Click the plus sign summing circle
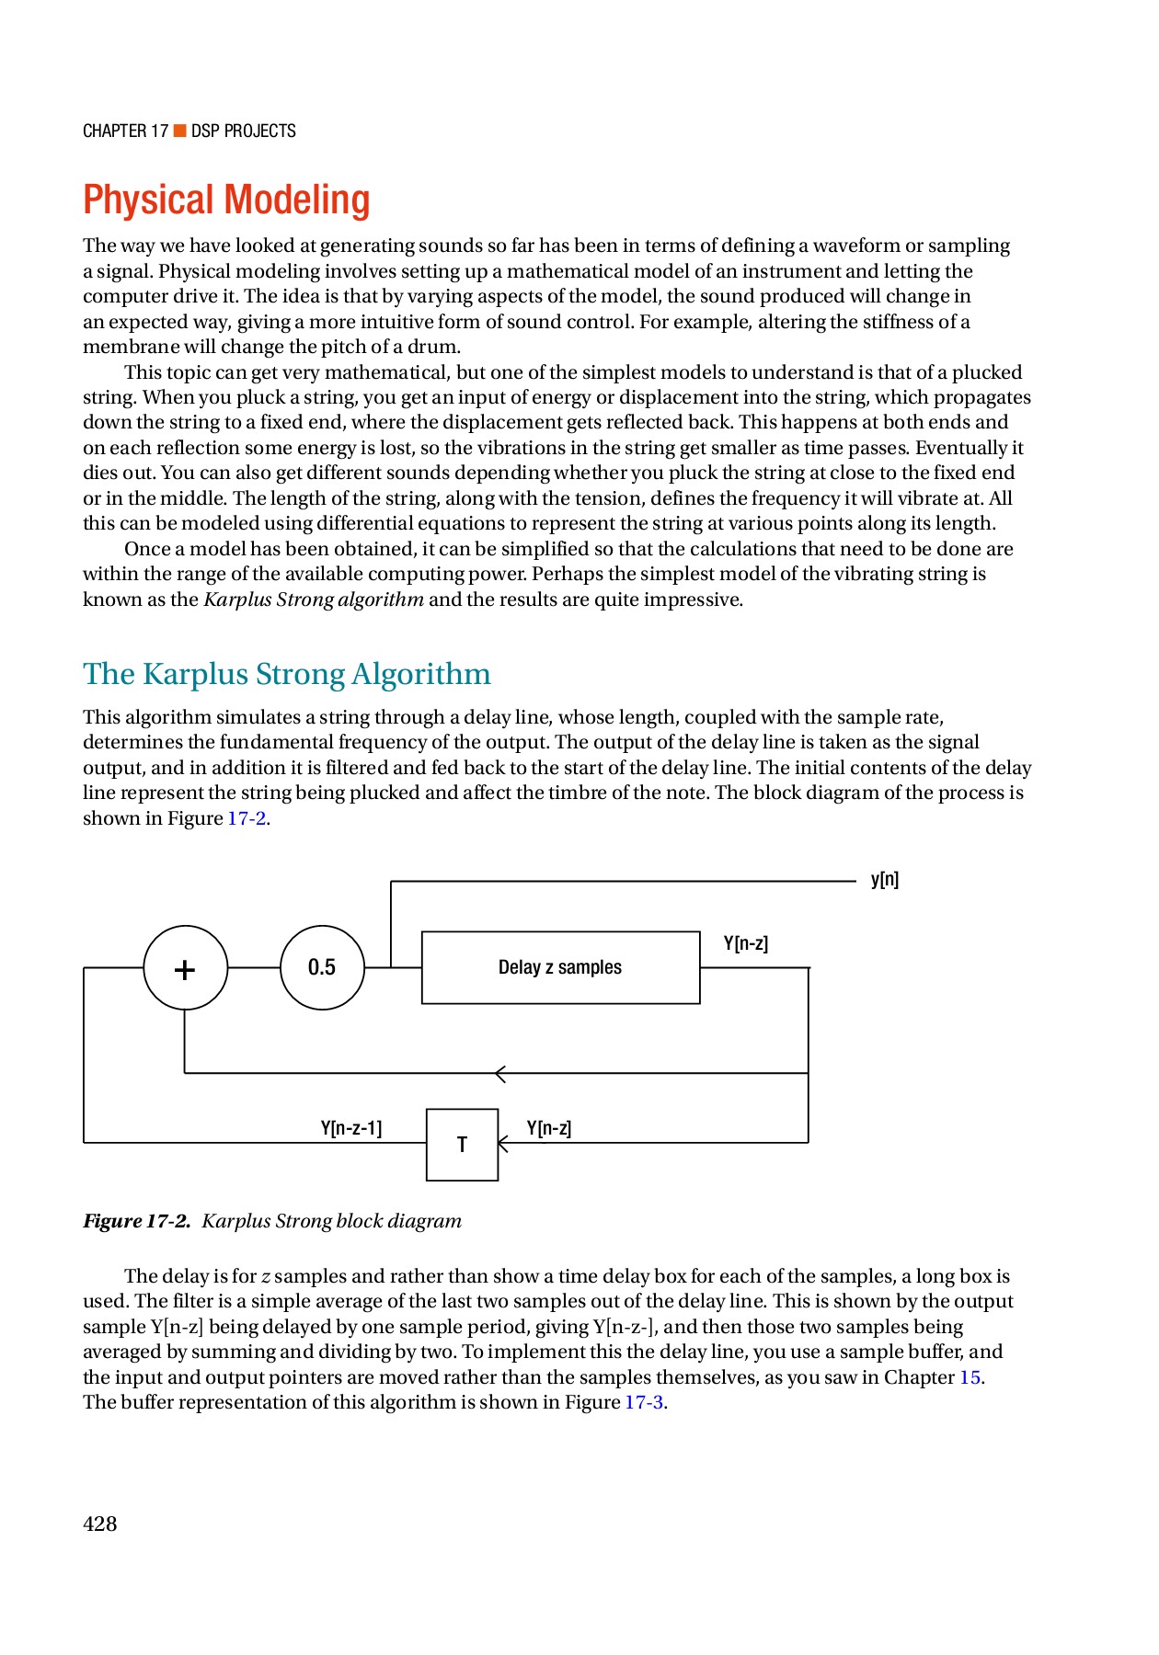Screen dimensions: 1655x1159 point(185,968)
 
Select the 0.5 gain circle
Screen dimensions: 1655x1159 point(322,967)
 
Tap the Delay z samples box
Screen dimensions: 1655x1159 point(560,967)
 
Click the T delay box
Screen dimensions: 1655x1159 point(462,1145)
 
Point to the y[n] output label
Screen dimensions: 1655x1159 point(884,880)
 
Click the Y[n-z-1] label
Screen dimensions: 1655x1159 point(351,1128)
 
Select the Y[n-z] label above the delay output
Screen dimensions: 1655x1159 point(745,943)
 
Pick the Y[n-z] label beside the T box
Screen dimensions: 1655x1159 point(549,1128)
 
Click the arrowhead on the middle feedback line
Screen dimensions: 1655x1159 point(499,1073)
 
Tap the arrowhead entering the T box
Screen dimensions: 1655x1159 point(502,1144)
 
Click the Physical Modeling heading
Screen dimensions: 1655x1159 point(226,200)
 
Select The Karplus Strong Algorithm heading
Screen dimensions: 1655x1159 point(286,674)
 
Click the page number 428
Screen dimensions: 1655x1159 point(100,1524)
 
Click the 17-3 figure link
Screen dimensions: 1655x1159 point(644,1402)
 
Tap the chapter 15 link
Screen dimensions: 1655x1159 point(970,1377)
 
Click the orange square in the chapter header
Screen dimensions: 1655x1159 point(180,131)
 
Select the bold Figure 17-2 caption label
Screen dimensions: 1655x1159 point(136,1221)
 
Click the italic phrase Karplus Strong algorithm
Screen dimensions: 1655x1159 point(314,599)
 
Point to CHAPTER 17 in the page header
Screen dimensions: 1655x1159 point(125,131)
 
